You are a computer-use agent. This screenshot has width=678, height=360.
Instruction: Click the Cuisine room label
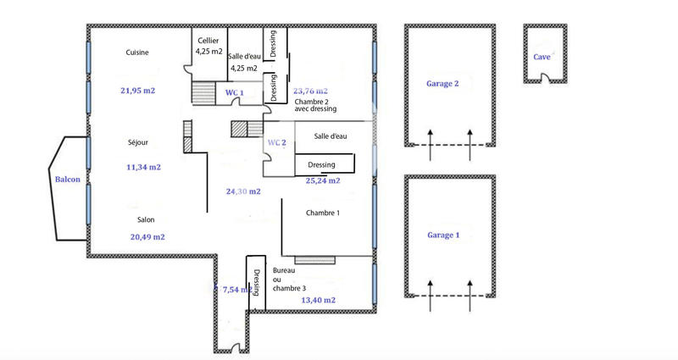pyautogui.click(x=137, y=53)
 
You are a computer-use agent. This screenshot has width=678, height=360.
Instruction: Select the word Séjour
pyautogui.click(x=137, y=142)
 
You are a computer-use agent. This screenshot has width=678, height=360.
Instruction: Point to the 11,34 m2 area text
pyautogui.click(x=143, y=167)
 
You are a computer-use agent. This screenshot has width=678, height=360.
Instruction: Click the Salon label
pyautogui.click(x=146, y=219)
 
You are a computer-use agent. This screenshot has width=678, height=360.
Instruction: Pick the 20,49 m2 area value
pyautogui.click(x=147, y=237)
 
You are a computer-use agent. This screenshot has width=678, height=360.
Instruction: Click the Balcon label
pyautogui.click(x=68, y=179)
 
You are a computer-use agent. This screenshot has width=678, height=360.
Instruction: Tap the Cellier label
pyautogui.click(x=208, y=41)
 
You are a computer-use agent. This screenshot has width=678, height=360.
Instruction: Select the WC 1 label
pyautogui.click(x=235, y=91)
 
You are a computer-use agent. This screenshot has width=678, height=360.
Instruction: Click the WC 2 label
pyautogui.click(x=277, y=142)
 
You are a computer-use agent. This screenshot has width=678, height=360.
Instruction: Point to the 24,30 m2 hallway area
pyautogui.click(x=242, y=191)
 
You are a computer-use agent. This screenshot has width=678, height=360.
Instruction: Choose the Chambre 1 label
pyautogui.click(x=323, y=213)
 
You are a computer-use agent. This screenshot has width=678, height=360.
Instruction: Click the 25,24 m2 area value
pyautogui.click(x=323, y=180)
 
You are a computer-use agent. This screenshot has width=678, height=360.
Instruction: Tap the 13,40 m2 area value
pyautogui.click(x=318, y=300)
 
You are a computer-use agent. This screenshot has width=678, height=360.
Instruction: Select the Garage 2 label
pyautogui.click(x=443, y=84)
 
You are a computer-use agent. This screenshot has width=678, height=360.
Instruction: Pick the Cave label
pyautogui.click(x=541, y=57)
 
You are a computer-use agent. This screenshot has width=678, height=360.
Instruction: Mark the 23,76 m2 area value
pyautogui.click(x=310, y=90)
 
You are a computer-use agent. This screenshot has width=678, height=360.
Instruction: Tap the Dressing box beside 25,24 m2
pyautogui.click(x=322, y=164)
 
